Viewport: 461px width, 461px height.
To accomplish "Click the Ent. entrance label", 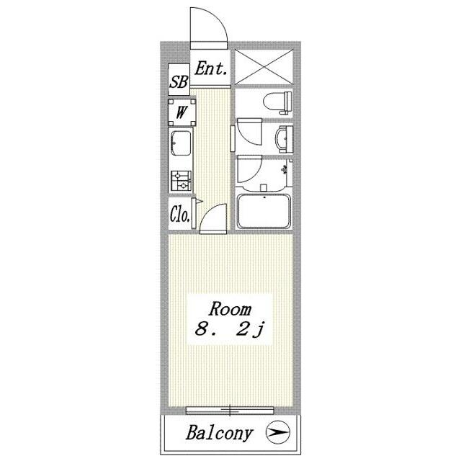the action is click(x=211, y=68).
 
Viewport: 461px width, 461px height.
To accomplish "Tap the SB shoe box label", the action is click(x=179, y=81).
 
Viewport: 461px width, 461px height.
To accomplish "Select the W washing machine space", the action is click(x=182, y=112).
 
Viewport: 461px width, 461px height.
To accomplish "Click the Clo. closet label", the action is click(x=179, y=215).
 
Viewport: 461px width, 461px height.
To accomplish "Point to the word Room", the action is click(x=230, y=309).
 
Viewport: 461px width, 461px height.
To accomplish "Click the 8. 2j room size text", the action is click(x=230, y=328).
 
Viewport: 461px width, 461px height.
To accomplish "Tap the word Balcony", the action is click(x=219, y=433).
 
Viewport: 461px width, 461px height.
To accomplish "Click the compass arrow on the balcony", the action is click(x=278, y=432).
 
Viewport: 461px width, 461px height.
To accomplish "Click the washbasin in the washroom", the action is click(x=284, y=139).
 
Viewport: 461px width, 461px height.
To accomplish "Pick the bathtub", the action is click(x=264, y=211).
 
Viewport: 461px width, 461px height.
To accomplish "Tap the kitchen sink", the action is click(x=181, y=143).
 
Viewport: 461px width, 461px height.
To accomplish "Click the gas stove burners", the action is click(x=181, y=181).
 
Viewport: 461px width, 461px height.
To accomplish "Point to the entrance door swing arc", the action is click(x=220, y=20).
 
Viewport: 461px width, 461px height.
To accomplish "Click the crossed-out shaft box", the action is click(x=264, y=67).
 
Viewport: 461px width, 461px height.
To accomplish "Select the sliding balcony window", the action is click(x=230, y=410).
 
